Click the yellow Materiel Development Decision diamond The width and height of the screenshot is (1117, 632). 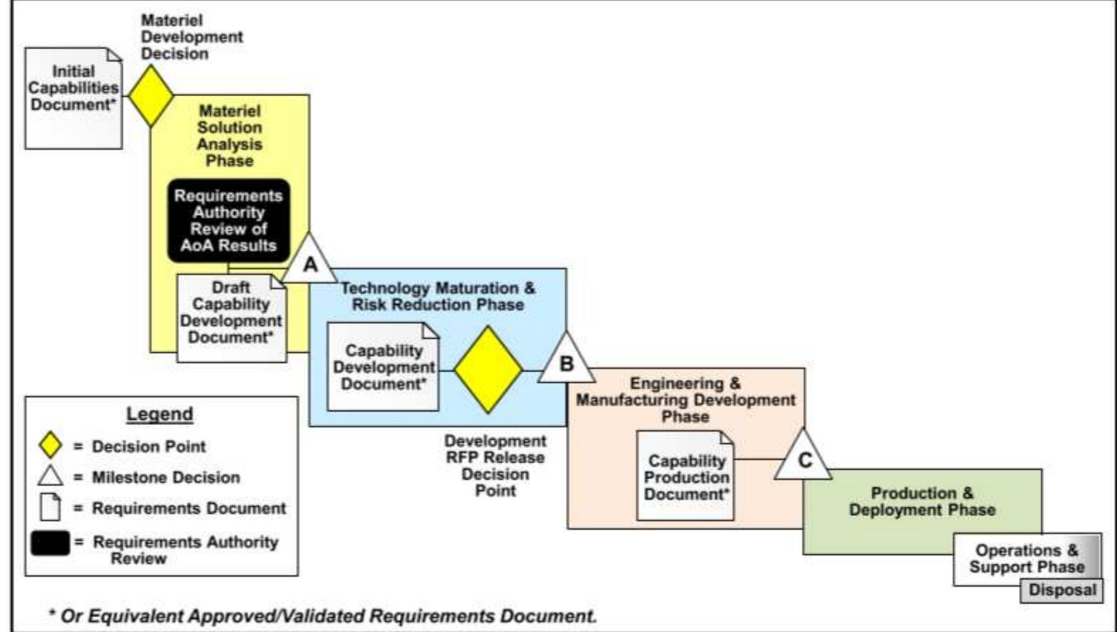tap(151, 96)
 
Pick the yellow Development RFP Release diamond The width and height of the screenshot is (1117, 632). tap(488, 370)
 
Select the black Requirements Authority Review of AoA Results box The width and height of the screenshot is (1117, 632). tap(229, 221)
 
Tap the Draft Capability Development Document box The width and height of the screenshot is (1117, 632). tap(231, 318)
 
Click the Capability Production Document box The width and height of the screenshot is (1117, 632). tap(686, 476)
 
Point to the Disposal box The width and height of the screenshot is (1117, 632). tap(1062, 590)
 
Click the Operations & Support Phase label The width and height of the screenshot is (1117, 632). tap(1026, 558)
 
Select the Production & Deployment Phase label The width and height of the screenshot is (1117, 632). tap(922, 502)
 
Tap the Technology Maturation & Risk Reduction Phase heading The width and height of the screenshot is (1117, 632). tap(438, 296)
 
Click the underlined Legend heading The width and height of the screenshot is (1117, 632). tap(160, 414)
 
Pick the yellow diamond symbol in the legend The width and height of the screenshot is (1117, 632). tap(50, 446)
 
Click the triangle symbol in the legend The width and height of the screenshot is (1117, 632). tap(50, 476)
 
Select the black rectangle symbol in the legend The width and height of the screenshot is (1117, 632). tap(50, 543)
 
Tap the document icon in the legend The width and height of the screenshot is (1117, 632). tap(50, 507)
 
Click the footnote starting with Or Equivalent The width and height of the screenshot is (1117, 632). tap(322, 616)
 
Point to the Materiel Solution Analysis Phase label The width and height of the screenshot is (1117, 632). tap(229, 136)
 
